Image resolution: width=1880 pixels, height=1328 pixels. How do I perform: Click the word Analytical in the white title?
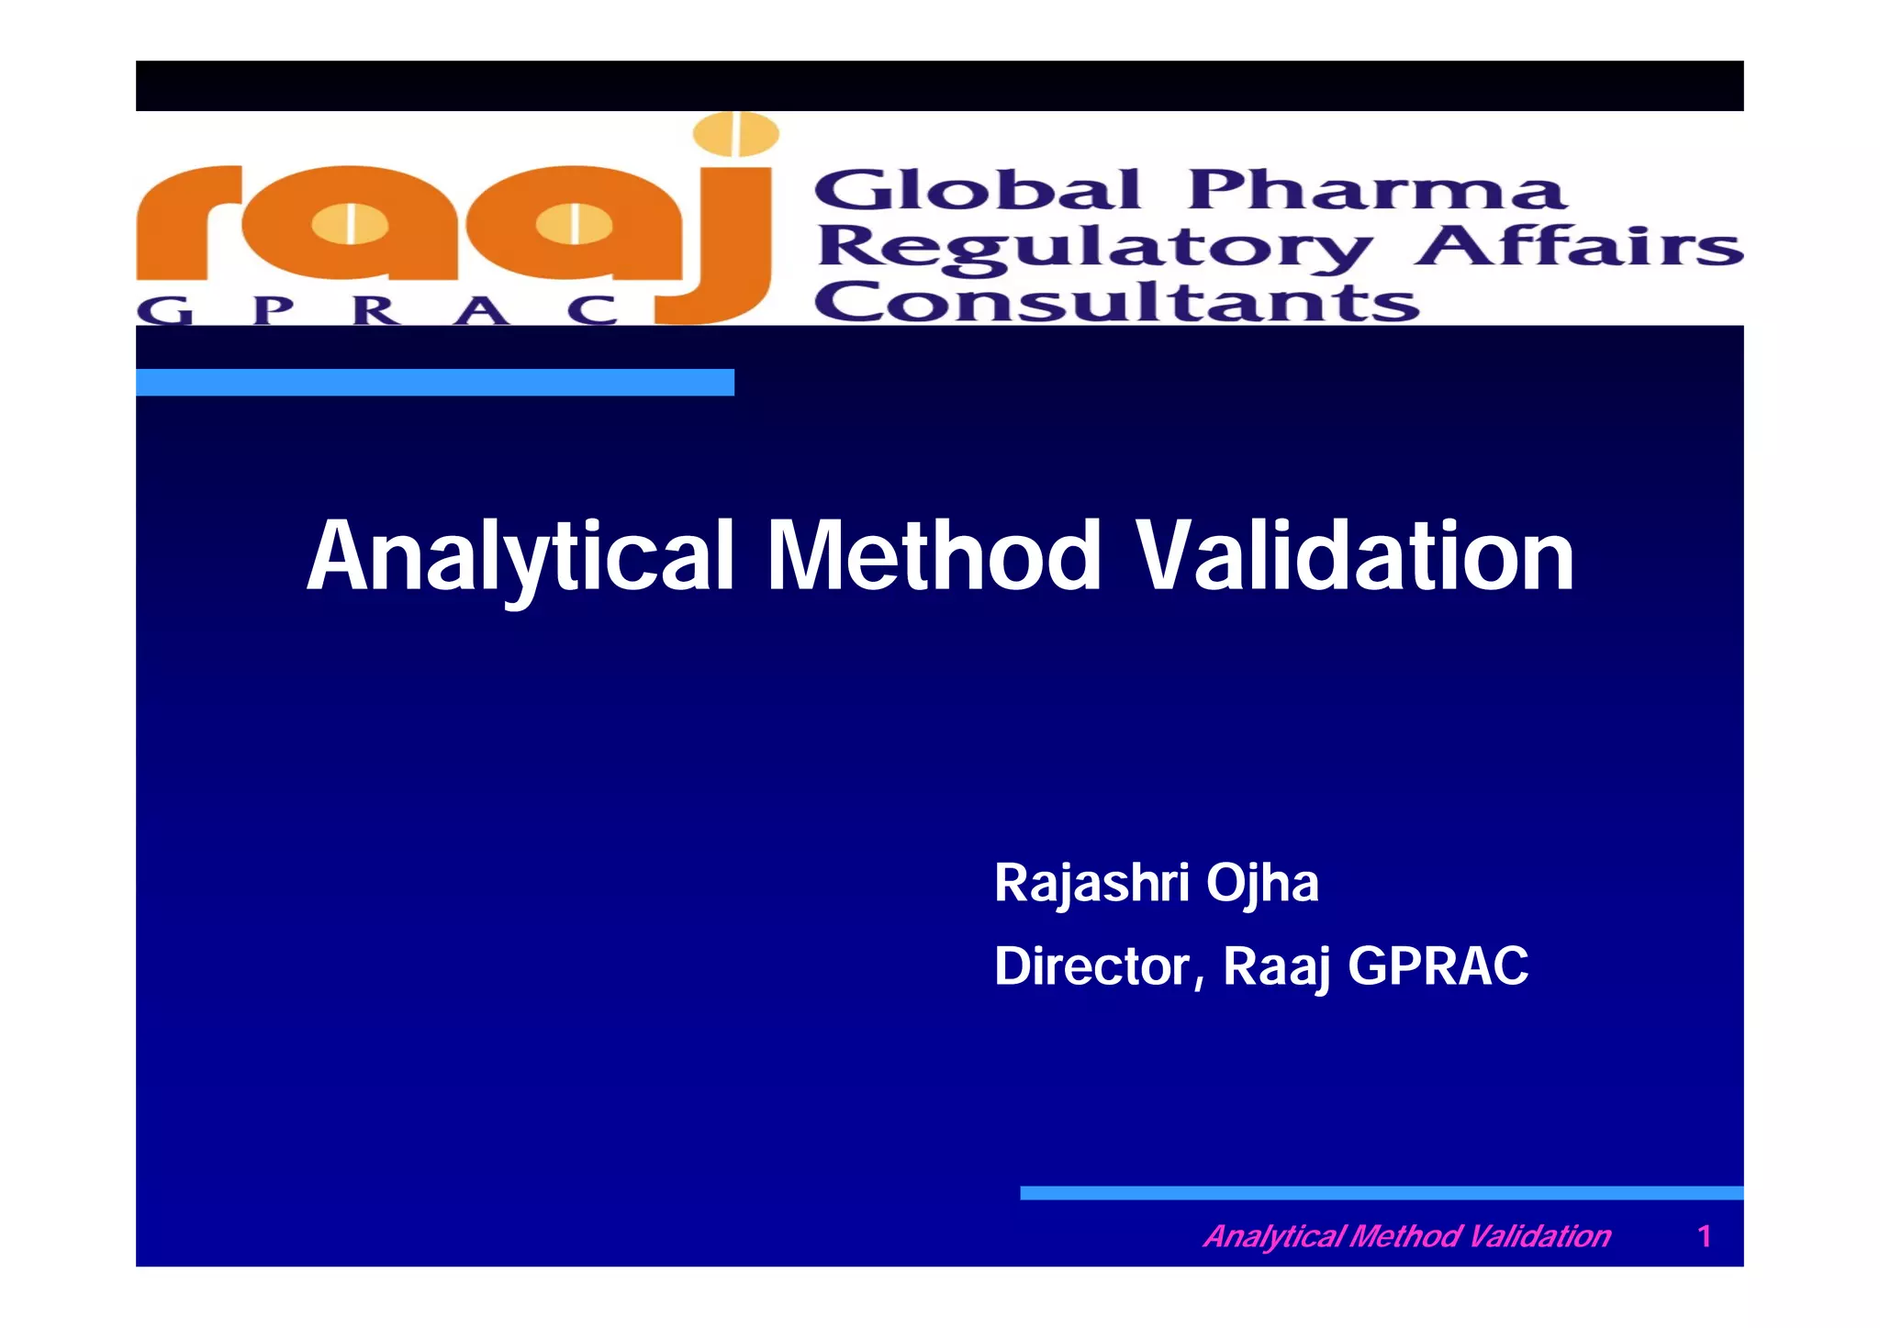520,556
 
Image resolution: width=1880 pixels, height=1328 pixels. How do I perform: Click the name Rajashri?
1091,883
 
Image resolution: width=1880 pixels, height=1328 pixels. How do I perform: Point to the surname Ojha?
1262,883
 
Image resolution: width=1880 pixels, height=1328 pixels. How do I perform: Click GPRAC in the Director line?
1438,966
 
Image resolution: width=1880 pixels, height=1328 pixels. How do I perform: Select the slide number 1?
1704,1236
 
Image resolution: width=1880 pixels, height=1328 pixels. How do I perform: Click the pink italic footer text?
1406,1236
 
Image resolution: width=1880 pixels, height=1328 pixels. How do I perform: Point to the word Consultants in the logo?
1115,302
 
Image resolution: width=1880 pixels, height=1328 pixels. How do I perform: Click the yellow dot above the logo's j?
736,134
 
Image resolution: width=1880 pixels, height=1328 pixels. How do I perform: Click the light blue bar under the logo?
434,382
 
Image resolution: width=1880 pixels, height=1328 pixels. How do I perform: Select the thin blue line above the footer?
1381,1193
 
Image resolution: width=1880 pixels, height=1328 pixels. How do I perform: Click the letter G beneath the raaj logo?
165,311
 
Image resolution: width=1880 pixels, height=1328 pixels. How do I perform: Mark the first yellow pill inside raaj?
350,224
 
